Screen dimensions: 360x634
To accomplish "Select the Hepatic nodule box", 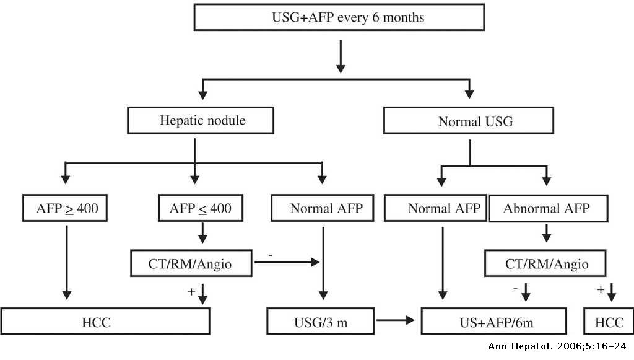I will (x=201, y=120).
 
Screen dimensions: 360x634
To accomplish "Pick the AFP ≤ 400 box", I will (x=201, y=209).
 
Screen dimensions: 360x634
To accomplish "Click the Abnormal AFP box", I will (x=547, y=209).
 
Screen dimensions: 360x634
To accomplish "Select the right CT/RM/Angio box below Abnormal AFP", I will (x=547, y=265).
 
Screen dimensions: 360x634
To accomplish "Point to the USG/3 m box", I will (x=321, y=322).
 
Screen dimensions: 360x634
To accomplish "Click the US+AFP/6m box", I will (x=493, y=322).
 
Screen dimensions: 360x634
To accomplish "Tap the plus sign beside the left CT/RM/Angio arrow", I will (x=191, y=291).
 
